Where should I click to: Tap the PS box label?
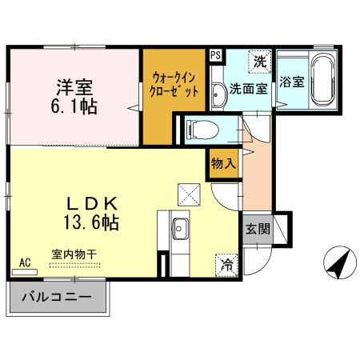click(216, 55)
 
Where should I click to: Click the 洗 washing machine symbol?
click(259, 61)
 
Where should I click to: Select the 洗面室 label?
click(250, 89)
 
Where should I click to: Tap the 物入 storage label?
click(223, 163)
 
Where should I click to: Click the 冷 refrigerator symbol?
click(226, 263)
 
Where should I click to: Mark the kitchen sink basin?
click(180, 226)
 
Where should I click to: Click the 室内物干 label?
click(74, 254)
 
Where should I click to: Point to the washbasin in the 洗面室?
click(218, 95)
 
